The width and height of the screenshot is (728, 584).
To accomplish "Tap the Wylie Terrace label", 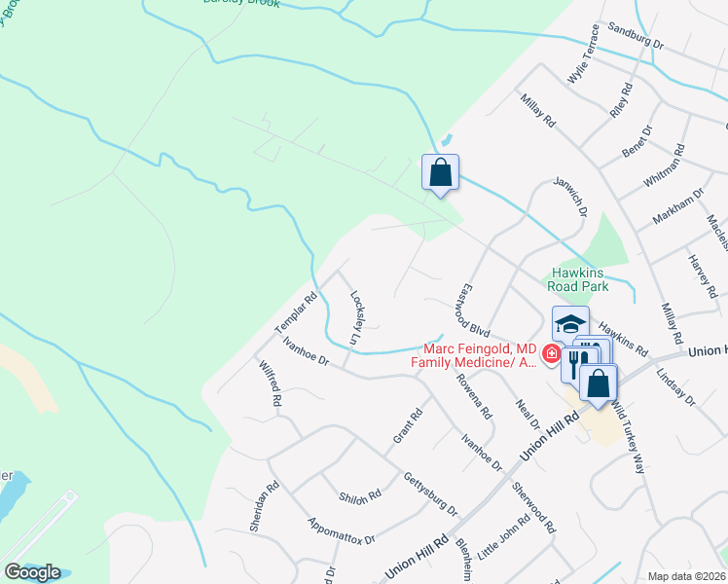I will click(590, 57).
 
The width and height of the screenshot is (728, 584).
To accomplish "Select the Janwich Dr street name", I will click(570, 197).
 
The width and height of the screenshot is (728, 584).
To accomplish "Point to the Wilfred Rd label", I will click(270, 383).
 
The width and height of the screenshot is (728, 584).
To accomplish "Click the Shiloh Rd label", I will click(360, 496).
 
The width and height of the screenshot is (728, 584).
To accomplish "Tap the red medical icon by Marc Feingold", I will click(552, 353).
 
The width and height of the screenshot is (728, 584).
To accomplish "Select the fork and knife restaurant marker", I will click(576, 363).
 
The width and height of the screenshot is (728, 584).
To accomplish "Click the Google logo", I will click(31, 572).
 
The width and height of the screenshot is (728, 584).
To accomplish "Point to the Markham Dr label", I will click(676, 206).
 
